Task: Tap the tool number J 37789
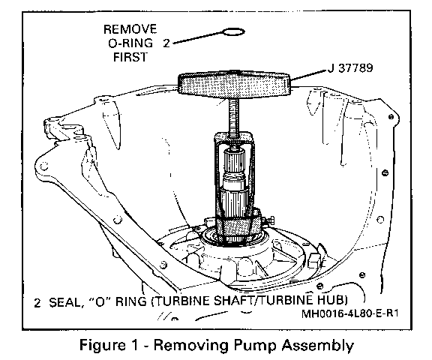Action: pos(350,67)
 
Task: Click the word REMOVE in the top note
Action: pos(130,29)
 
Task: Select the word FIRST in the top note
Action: pos(130,57)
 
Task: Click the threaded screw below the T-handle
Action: pos(234,116)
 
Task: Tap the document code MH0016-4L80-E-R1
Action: pos(350,313)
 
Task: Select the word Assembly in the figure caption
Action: pos(316,346)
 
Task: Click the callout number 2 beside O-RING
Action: pos(166,43)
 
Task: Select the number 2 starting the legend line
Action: pos(37,303)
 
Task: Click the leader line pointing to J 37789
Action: pos(309,75)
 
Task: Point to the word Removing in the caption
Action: pos(190,346)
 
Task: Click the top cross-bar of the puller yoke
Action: pos(234,137)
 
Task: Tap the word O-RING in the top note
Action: pos(130,43)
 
